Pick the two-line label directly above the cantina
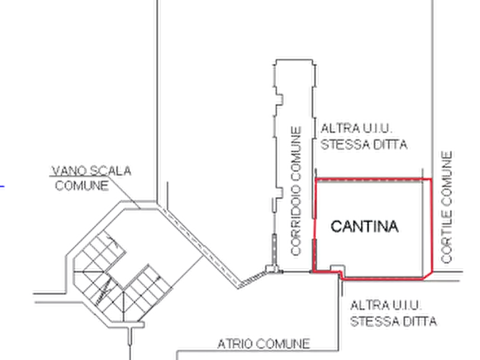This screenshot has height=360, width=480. pyautogui.click(x=364, y=136)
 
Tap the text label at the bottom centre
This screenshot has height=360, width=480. pyautogui.click(x=263, y=343)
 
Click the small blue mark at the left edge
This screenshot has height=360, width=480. pyautogui.click(x=3, y=188)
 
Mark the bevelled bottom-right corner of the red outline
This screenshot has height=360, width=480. pyautogui.click(x=428, y=275)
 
